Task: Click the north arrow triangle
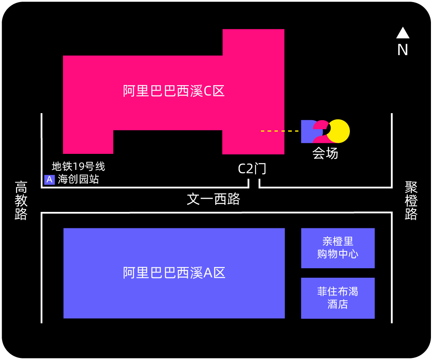[x=403, y=33]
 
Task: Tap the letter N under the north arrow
[x=403, y=50]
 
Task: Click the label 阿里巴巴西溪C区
[x=174, y=91]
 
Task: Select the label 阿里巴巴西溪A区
[x=174, y=273]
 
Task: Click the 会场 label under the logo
[x=325, y=153]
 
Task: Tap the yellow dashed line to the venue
[x=279, y=131]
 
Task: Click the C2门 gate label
[x=252, y=169]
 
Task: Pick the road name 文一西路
[x=213, y=199]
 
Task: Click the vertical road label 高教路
[x=21, y=200]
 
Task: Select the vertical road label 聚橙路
[x=411, y=200]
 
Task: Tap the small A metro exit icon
[x=49, y=180]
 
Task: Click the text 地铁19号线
[x=78, y=166]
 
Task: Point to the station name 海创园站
[x=78, y=179]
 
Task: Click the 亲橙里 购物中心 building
[x=338, y=248]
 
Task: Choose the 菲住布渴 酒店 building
[x=338, y=298]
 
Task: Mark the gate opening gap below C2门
[x=254, y=183]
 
